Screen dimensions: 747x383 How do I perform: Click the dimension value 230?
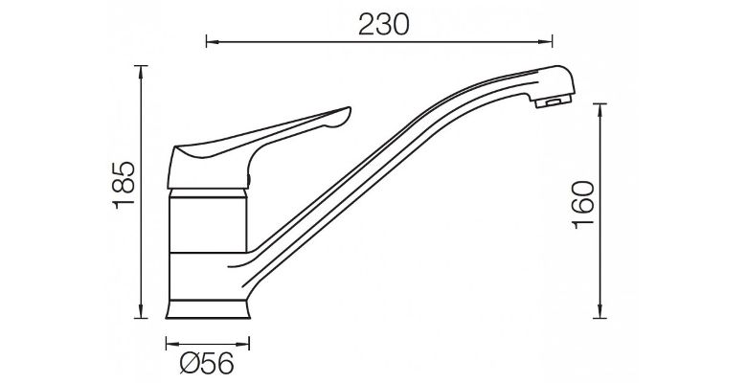pyautogui.click(x=383, y=25)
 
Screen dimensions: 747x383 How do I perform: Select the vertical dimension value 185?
pyautogui.click(x=124, y=186)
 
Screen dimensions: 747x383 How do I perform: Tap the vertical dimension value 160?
pyautogui.click(x=583, y=205)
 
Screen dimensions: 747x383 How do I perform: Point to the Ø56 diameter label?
pyautogui.click(x=207, y=364)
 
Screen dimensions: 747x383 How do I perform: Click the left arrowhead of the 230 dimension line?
pyautogui.click(x=213, y=41)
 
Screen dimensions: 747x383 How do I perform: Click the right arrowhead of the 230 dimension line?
pyautogui.click(x=546, y=41)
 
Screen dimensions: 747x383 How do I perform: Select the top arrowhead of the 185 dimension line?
pyautogui.click(x=141, y=72)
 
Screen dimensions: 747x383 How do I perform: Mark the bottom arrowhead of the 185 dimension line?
pyautogui.click(x=141, y=311)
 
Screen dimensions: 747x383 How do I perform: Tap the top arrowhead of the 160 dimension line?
pyautogui.click(x=600, y=110)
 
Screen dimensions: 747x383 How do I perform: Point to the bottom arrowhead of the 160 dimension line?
pyautogui.click(x=600, y=311)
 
